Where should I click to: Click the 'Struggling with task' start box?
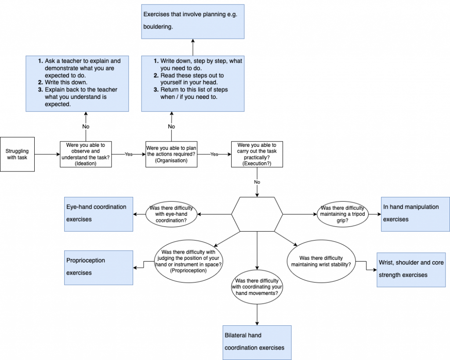click(x=17, y=154)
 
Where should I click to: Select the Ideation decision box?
click(x=86, y=154)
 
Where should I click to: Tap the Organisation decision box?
click(x=171, y=154)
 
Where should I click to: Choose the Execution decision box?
click(x=257, y=154)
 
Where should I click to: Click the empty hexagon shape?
click(x=257, y=214)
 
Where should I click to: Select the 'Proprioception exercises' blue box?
click(x=99, y=267)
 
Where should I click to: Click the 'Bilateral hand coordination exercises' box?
click(x=257, y=342)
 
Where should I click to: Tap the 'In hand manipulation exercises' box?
click(x=415, y=214)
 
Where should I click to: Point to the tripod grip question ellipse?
click(x=343, y=214)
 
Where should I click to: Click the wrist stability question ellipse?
click(x=321, y=262)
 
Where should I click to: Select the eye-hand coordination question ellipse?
click(x=171, y=214)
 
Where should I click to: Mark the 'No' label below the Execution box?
click(x=257, y=182)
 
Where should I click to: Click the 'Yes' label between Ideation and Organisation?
click(x=128, y=155)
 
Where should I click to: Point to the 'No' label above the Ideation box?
click(x=86, y=127)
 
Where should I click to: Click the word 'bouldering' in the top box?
click(x=157, y=27)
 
